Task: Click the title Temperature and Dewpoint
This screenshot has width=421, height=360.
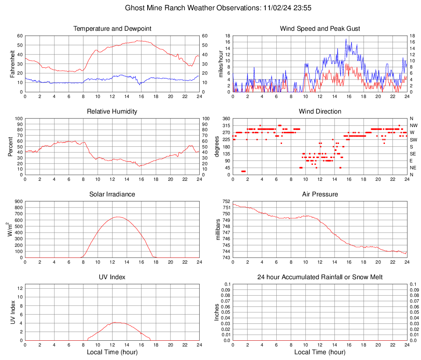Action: pyautogui.click(x=112, y=29)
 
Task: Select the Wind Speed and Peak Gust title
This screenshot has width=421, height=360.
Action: pyautogui.click(x=320, y=29)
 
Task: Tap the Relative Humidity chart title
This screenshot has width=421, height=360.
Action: pyautogui.click(x=112, y=112)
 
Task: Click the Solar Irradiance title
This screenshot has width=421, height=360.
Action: pyautogui.click(x=112, y=194)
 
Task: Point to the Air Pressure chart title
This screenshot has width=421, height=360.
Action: pyautogui.click(x=320, y=194)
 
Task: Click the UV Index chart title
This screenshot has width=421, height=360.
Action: pyautogui.click(x=112, y=277)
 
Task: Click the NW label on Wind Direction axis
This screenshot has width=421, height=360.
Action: pyautogui.click(x=414, y=125)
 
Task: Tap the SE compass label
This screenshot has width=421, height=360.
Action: pyautogui.click(x=413, y=154)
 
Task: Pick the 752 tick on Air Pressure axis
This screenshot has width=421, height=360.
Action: pyautogui.click(x=226, y=201)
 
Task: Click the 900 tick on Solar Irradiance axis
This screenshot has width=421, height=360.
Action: pyautogui.click(x=18, y=201)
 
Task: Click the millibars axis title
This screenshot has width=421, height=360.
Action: pyautogui.click(x=218, y=230)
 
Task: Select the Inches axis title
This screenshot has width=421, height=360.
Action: pyautogui.click(x=217, y=312)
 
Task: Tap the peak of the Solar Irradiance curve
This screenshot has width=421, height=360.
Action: pyautogui.click(x=118, y=217)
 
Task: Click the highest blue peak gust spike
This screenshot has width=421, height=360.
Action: pyautogui.click(x=346, y=39)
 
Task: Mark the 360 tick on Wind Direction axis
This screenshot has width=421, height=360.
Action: pyautogui.click(x=226, y=118)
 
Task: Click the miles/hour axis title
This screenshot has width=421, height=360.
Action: pyautogui.click(x=222, y=64)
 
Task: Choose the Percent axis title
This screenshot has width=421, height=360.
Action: pyautogui.click(x=10, y=146)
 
